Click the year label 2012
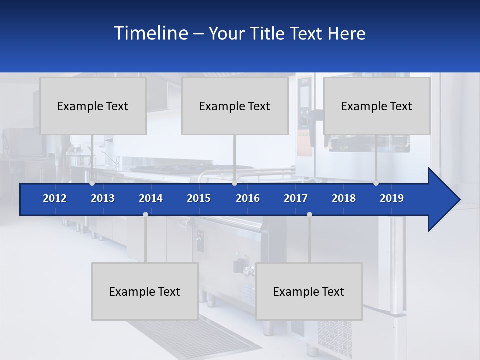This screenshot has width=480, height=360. pyautogui.click(x=55, y=198)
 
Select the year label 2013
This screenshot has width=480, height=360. pyautogui.click(x=103, y=198)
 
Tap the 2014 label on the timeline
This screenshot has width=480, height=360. pyautogui.click(x=151, y=198)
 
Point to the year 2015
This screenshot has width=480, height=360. pyautogui.click(x=199, y=198)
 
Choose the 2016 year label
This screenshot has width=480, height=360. pyautogui.click(x=248, y=198)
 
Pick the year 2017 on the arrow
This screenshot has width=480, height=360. pyautogui.click(x=296, y=198)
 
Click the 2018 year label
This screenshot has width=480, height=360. pyautogui.click(x=344, y=198)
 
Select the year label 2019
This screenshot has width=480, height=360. pyautogui.click(x=392, y=198)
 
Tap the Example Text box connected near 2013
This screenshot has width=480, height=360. pyautogui.click(x=93, y=106)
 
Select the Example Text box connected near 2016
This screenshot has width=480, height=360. pyautogui.click(x=235, y=106)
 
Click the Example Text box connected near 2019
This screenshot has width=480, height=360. pyautogui.click(x=377, y=106)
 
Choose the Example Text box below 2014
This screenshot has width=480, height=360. pyautogui.click(x=145, y=291)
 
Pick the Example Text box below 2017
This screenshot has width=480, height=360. pyautogui.click(x=309, y=291)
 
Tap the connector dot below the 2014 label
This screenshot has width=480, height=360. pyautogui.click(x=145, y=214)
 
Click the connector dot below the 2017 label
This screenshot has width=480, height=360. pyautogui.click(x=309, y=214)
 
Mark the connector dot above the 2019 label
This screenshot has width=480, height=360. pyautogui.click(x=376, y=183)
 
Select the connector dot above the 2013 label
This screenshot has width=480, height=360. pyautogui.click(x=92, y=183)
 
